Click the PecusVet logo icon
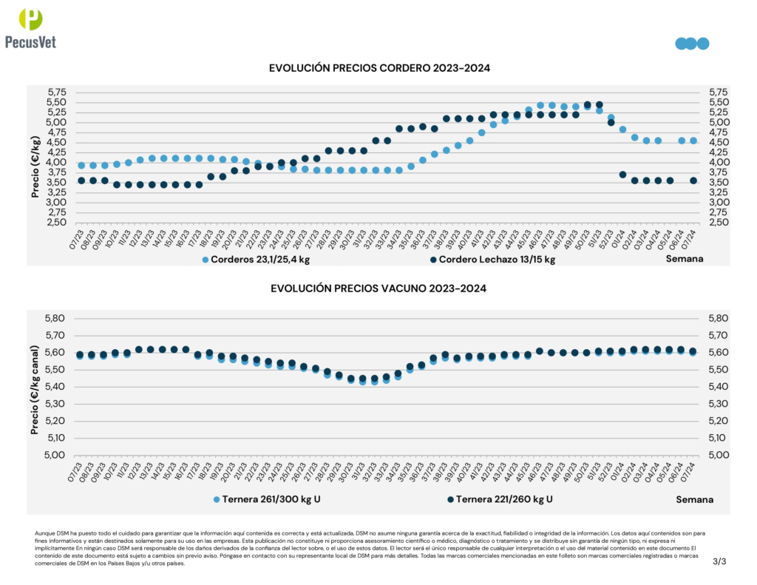pos(32,20)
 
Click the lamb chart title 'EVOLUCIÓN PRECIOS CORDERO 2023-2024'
pos(380,68)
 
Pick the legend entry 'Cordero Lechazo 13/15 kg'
pos(492,260)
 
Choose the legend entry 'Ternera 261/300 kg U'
pos(267,499)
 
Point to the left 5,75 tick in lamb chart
pos(57,92)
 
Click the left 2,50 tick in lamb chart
pos(57,222)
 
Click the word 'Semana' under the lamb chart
pos(685,259)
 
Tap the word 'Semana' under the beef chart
pos(694,499)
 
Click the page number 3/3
pos(719,561)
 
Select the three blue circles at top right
pos(692,44)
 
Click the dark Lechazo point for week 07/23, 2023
pos(81,180)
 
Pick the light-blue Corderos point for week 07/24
pos(693,141)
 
